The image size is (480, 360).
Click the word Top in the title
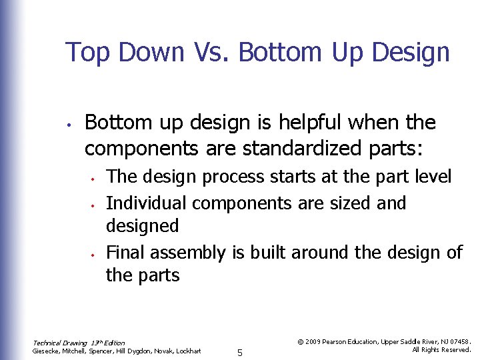(87, 52)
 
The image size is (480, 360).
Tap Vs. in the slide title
(214, 52)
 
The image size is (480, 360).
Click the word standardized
(309, 149)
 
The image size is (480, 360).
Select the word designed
(143, 226)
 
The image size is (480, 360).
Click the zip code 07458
(459, 341)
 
